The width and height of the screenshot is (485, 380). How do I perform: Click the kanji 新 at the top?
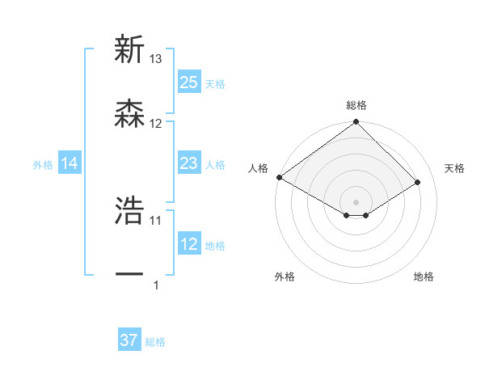pyautogui.click(x=130, y=50)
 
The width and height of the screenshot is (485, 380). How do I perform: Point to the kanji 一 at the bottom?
pyautogui.click(x=130, y=275)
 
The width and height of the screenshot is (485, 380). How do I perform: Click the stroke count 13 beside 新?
pyautogui.click(x=156, y=59)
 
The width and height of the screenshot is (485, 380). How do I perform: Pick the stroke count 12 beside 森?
pyautogui.click(x=156, y=124)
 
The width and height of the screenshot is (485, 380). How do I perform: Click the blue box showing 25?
pyautogui.click(x=189, y=82)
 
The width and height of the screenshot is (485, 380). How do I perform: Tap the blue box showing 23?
pyautogui.click(x=189, y=163)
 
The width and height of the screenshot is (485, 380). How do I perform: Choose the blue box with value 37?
pyautogui.click(x=129, y=340)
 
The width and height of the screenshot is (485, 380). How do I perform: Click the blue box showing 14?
pyautogui.click(x=70, y=163)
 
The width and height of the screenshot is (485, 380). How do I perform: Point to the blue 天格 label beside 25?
pyautogui.click(x=215, y=83)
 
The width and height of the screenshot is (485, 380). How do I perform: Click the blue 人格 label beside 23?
pyautogui.click(x=215, y=164)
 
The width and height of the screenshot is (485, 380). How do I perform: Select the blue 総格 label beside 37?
pyautogui.click(x=155, y=342)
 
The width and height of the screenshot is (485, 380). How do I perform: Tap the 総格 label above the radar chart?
pyautogui.click(x=356, y=105)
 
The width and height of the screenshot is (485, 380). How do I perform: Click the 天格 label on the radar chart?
pyautogui.click(x=454, y=168)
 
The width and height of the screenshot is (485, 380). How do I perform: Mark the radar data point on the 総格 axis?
pyautogui.click(x=356, y=123)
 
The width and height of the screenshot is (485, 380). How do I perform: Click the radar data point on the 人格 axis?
pyautogui.click(x=279, y=177)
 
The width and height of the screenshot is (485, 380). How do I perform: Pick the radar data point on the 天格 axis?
pyautogui.click(x=418, y=182)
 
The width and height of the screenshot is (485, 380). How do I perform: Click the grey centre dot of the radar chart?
pyautogui.click(x=356, y=201)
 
